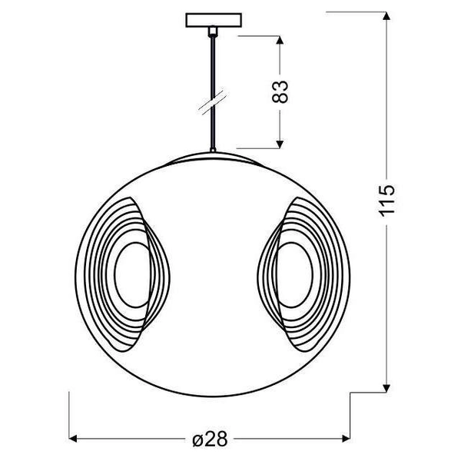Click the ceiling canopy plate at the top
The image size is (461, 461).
212,18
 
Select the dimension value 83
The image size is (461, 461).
281,91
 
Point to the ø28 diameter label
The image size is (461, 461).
208,439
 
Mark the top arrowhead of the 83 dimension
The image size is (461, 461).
281,41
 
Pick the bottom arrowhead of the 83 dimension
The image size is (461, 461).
281,141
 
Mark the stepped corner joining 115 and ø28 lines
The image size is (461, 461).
351,393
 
